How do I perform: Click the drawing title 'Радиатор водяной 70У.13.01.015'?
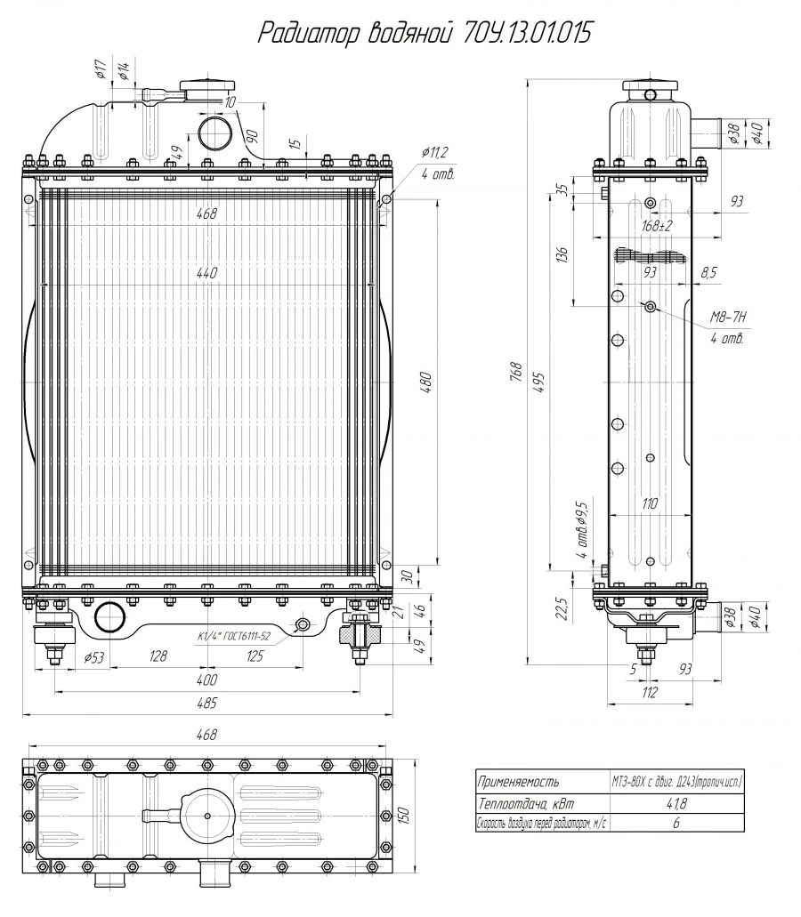(x=423, y=34)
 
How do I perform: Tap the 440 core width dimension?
(x=206, y=275)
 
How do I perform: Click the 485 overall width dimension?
(x=206, y=704)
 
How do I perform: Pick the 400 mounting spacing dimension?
(x=206, y=680)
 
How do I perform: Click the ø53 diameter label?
(x=95, y=657)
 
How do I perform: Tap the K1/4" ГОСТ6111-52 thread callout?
(x=236, y=637)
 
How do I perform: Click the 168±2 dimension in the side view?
(x=657, y=225)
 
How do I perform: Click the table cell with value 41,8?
(x=677, y=802)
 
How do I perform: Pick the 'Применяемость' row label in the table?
(x=519, y=783)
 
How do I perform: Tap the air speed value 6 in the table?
(x=677, y=822)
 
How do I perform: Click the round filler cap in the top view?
(x=206, y=816)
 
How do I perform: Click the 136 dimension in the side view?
(x=561, y=253)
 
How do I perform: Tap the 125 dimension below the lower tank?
(x=255, y=657)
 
